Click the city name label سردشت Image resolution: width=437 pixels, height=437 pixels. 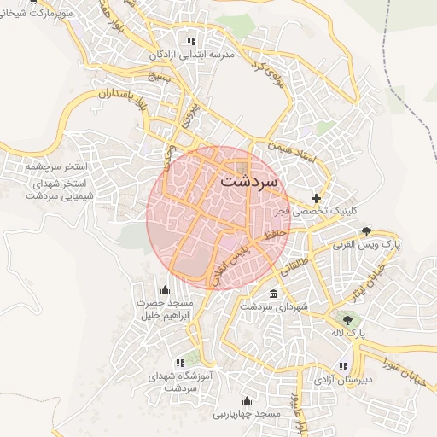(x=248, y=182)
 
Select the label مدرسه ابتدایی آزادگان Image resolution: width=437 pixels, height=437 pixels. (x=190, y=55)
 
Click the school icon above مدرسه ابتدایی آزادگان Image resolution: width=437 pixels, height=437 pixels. (x=191, y=40)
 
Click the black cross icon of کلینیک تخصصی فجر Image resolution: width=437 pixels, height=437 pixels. (x=317, y=198)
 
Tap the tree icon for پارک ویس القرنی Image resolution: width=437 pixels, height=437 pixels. (x=367, y=231)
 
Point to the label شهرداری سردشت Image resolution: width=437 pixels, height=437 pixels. (x=273, y=306)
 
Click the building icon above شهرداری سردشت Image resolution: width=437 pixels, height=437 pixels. (x=273, y=294)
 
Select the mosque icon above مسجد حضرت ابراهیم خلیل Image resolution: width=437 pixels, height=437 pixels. (x=165, y=290)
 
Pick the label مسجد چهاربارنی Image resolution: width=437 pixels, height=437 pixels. (x=247, y=414)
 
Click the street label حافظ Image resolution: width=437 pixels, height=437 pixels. (x=272, y=232)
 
